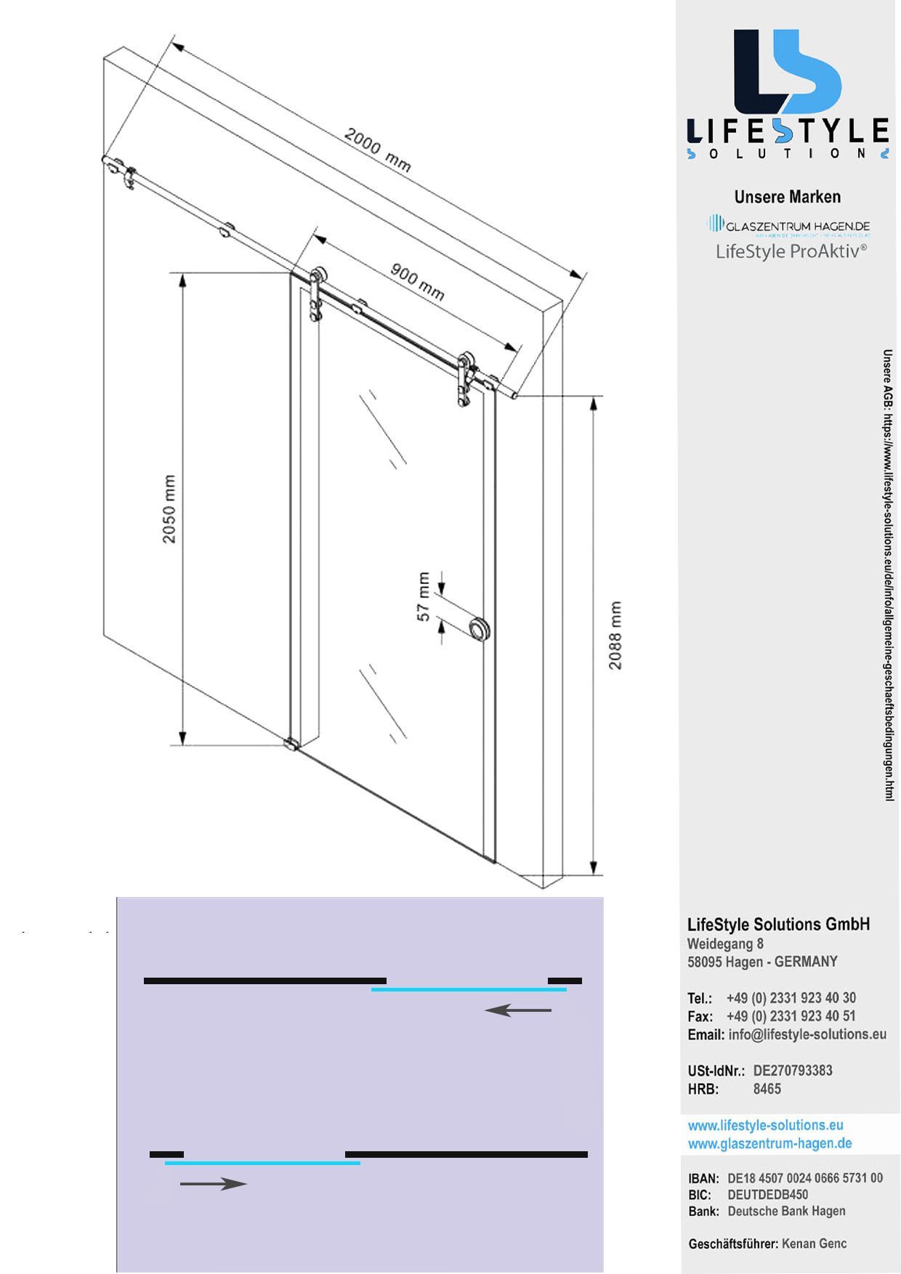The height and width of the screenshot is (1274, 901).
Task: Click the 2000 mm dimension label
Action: tap(377, 150)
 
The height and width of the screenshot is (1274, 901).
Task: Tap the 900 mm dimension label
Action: tap(417, 282)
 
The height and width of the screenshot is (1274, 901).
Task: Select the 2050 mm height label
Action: tap(169, 509)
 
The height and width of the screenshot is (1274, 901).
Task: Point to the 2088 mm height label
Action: tap(615, 636)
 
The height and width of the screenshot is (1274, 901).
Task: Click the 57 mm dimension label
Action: tap(424, 597)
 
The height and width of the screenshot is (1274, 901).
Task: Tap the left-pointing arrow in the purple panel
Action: tap(518, 1010)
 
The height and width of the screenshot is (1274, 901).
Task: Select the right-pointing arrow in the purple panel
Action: tap(214, 1184)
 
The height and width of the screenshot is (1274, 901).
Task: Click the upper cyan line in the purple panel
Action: tap(469, 989)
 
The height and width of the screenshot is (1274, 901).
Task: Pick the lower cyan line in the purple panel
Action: tap(262, 1163)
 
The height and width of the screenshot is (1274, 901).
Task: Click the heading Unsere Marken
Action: tap(787, 197)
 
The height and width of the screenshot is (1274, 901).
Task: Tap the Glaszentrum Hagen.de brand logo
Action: tap(789, 225)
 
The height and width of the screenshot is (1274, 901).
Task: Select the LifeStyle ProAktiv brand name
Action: tap(791, 251)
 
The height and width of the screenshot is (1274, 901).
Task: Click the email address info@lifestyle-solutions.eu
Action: tap(807, 1034)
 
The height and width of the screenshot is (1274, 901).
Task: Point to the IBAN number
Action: tap(805, 1178)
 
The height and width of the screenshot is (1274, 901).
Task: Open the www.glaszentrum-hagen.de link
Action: tap(769, 1143)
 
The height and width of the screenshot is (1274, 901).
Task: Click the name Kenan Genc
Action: tap(814, 1243)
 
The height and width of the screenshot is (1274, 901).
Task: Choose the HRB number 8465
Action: tap(767, 1089)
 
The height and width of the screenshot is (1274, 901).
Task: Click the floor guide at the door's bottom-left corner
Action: tap(291, 744)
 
